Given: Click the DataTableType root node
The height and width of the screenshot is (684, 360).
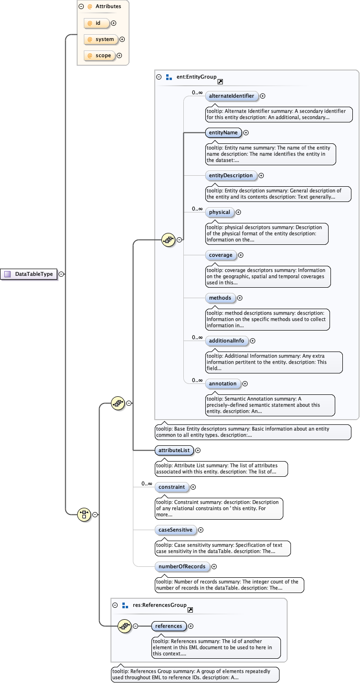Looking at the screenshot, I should pyautogui.click(x=29, y=274).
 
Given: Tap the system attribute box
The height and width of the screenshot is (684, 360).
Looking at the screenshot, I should pyautogui.click(x=101, y=40).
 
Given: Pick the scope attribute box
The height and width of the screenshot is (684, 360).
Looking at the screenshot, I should pyautogui.click(x=99, y=56).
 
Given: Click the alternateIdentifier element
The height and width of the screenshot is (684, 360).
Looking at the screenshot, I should pyautogui.click(x=231, y=96).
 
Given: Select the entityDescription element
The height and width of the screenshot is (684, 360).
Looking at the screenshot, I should pyautogui.click(x=231, y=176).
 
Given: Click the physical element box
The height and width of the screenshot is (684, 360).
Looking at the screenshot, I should pyautogui.click(x=220, y=212).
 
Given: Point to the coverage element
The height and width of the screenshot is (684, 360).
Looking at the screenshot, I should pyautogui.click(x=221, y=255).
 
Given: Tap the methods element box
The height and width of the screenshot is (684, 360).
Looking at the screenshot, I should pyautogui.click(x=220, y=298).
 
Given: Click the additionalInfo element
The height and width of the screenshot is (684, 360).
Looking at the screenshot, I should pyautogui.click(x=227, y=341).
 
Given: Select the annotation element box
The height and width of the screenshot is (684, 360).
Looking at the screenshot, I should pyautogui.click(x=222, y=383).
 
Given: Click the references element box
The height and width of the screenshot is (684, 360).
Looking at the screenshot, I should pyautogui.click(x=169, y=626).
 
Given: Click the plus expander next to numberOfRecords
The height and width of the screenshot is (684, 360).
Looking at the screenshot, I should pyautogui.click(x=214, y=566).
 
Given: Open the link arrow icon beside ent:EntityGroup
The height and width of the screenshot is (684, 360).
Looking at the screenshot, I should pyautogui.click(x=220, y=82).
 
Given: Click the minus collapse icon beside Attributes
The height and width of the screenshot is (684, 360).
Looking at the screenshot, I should pyautogui.click(x=81, y=7).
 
